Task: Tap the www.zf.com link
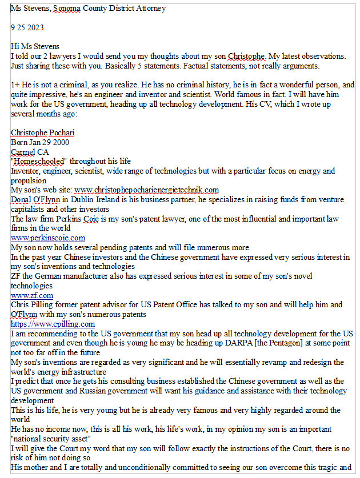pyautogui.click(x=32, y=295)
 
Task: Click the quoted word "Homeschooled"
pyautogui.click(x=39, y=161)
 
